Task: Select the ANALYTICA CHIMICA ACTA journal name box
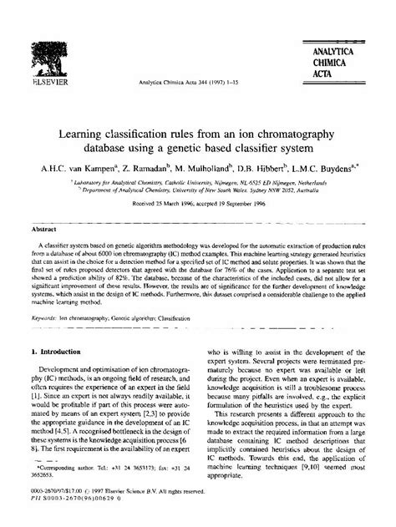[342, 38]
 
